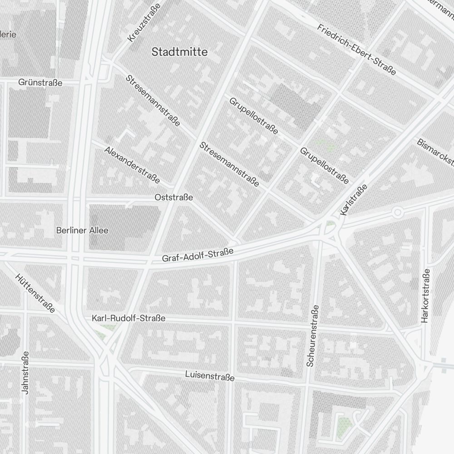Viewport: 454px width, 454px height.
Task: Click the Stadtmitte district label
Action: tap(179, 52)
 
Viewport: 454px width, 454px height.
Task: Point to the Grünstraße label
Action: tap(40, 83)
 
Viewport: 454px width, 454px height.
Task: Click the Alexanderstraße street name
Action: tap(132, 165)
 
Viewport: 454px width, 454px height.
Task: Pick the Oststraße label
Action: tap(173, 197)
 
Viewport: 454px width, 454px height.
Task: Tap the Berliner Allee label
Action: tap(82, 230)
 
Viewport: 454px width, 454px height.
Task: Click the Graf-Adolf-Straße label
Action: tap(197, 255)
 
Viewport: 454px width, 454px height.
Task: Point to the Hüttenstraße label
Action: tap(35, 293)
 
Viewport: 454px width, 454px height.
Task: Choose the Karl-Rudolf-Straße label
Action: tap(128, 319)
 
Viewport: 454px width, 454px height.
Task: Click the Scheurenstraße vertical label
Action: tap(313, 336)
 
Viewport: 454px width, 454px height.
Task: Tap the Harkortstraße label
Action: tap(425, 296)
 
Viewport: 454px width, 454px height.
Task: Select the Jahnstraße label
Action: tap(25, 372)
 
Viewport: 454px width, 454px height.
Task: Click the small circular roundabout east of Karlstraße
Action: tap(398, 212)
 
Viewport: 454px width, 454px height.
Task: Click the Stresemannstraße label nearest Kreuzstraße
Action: tap(153, 100)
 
